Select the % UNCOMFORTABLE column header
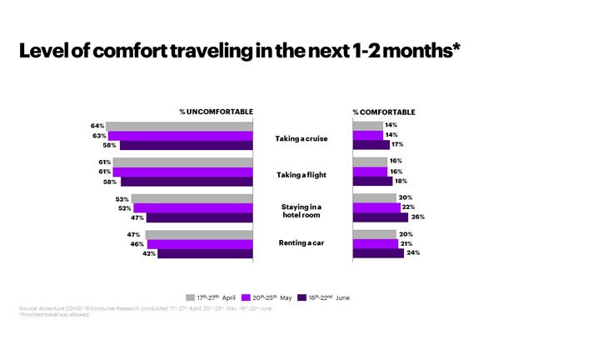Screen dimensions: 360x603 coord(217,112)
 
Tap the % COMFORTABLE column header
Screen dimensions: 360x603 coord(384,112)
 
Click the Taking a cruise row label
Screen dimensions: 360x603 coord(303,138)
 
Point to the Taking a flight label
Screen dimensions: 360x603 coord(303,175)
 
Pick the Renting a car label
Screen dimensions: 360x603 coord(303,244)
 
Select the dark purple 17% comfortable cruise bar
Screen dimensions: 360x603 coord(371,144)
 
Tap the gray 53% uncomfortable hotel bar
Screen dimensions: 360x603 coord(192,199)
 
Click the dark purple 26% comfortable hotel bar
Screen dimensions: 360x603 coord(380,217)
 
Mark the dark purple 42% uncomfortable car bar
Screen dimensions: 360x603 coord(205,253)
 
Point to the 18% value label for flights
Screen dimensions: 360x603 coord(401,181)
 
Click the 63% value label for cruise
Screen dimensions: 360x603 coord(98,135)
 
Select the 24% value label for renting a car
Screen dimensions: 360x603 coord(412,252)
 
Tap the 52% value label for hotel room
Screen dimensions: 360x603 coord(125,208)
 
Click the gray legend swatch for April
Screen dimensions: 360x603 coord(190,297)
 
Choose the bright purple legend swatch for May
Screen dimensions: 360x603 coord(246,297)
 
